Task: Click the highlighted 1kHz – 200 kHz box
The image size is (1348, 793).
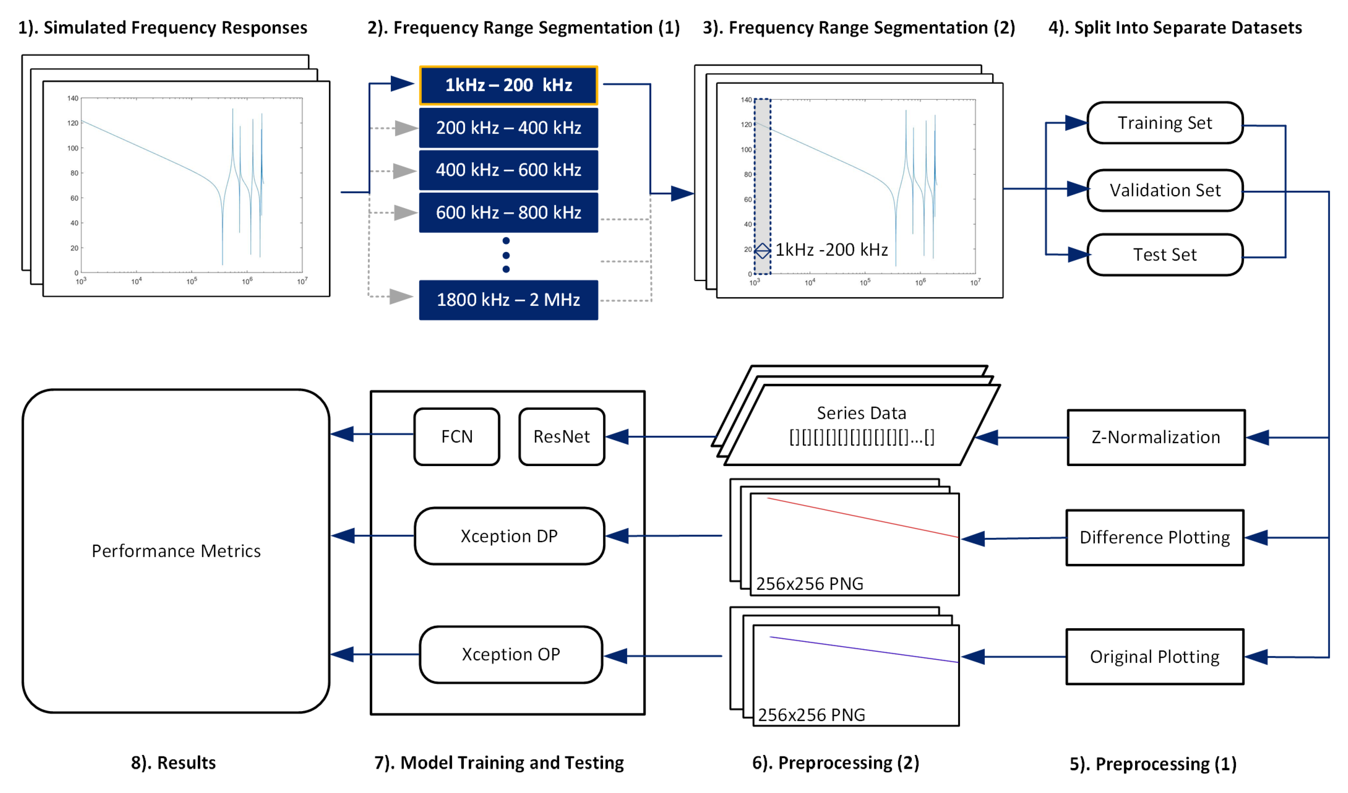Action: (x=508, y=85)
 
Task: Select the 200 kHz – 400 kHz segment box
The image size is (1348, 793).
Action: (x=508, y=128)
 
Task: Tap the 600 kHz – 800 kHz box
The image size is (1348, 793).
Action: (x=508, y=212)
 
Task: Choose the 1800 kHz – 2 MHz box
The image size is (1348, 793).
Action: (x=508, y=299)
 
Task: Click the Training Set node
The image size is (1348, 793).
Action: (x=1165, y=123)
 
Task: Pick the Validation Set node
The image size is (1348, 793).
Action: (x=1165, y=191)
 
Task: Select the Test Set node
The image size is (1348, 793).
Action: (x=1165, y=255)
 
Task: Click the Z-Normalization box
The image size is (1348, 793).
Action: (x=1155, y=437)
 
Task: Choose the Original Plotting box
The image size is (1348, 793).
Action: (x=1154, y=657)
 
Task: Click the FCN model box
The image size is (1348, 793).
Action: (x=457, y=437)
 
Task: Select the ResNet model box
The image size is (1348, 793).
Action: (x=562, y=437)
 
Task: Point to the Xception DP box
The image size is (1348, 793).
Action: (x=509, y=536)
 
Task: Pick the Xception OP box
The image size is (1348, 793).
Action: (x=511, y=655)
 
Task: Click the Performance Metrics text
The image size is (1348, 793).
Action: (x=176, y=551)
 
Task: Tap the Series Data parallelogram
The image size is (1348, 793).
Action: (x=861, y=425)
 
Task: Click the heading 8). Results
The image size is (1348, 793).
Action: (x=173, y=762)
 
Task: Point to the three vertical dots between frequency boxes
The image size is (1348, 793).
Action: (x=506, y=255)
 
